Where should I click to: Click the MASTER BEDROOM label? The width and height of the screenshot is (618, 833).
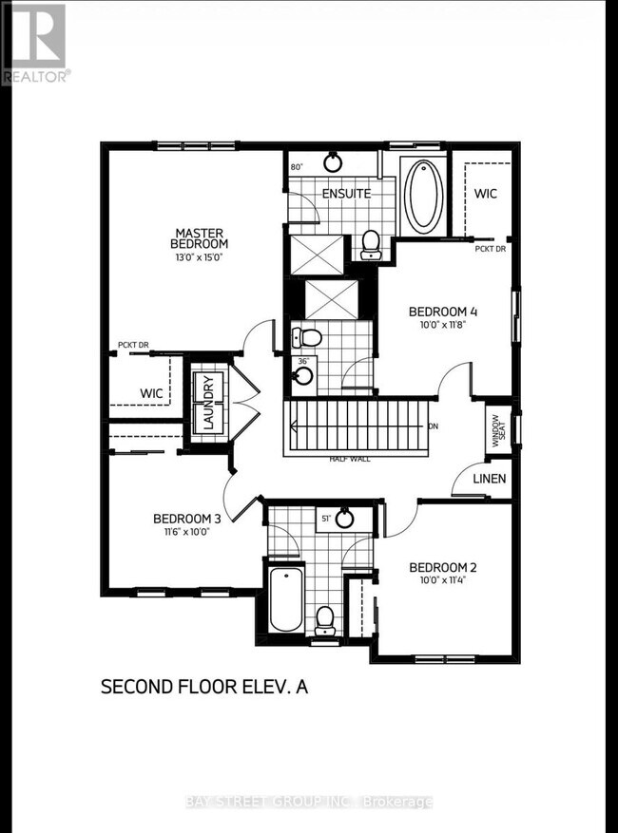pos(198,237)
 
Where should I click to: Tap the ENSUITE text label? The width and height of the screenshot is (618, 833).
pos(346,194)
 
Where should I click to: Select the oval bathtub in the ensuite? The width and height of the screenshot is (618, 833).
pos(423,196)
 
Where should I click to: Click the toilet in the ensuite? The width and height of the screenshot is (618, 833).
pos(371,245)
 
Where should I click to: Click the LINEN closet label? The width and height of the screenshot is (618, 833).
pos(490,479)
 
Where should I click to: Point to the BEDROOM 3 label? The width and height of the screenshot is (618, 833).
pos(187,519)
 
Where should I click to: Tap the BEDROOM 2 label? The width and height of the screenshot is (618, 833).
pos(443,568)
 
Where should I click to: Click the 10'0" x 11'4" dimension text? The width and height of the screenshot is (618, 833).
pos(443,581)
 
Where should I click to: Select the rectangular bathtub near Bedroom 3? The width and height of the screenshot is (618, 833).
pos(285,598)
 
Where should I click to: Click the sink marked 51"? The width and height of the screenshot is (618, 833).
pos(345,519)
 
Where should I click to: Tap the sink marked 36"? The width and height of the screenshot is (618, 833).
pos(303,375)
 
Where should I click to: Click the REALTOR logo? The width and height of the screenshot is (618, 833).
pos(34,43)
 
